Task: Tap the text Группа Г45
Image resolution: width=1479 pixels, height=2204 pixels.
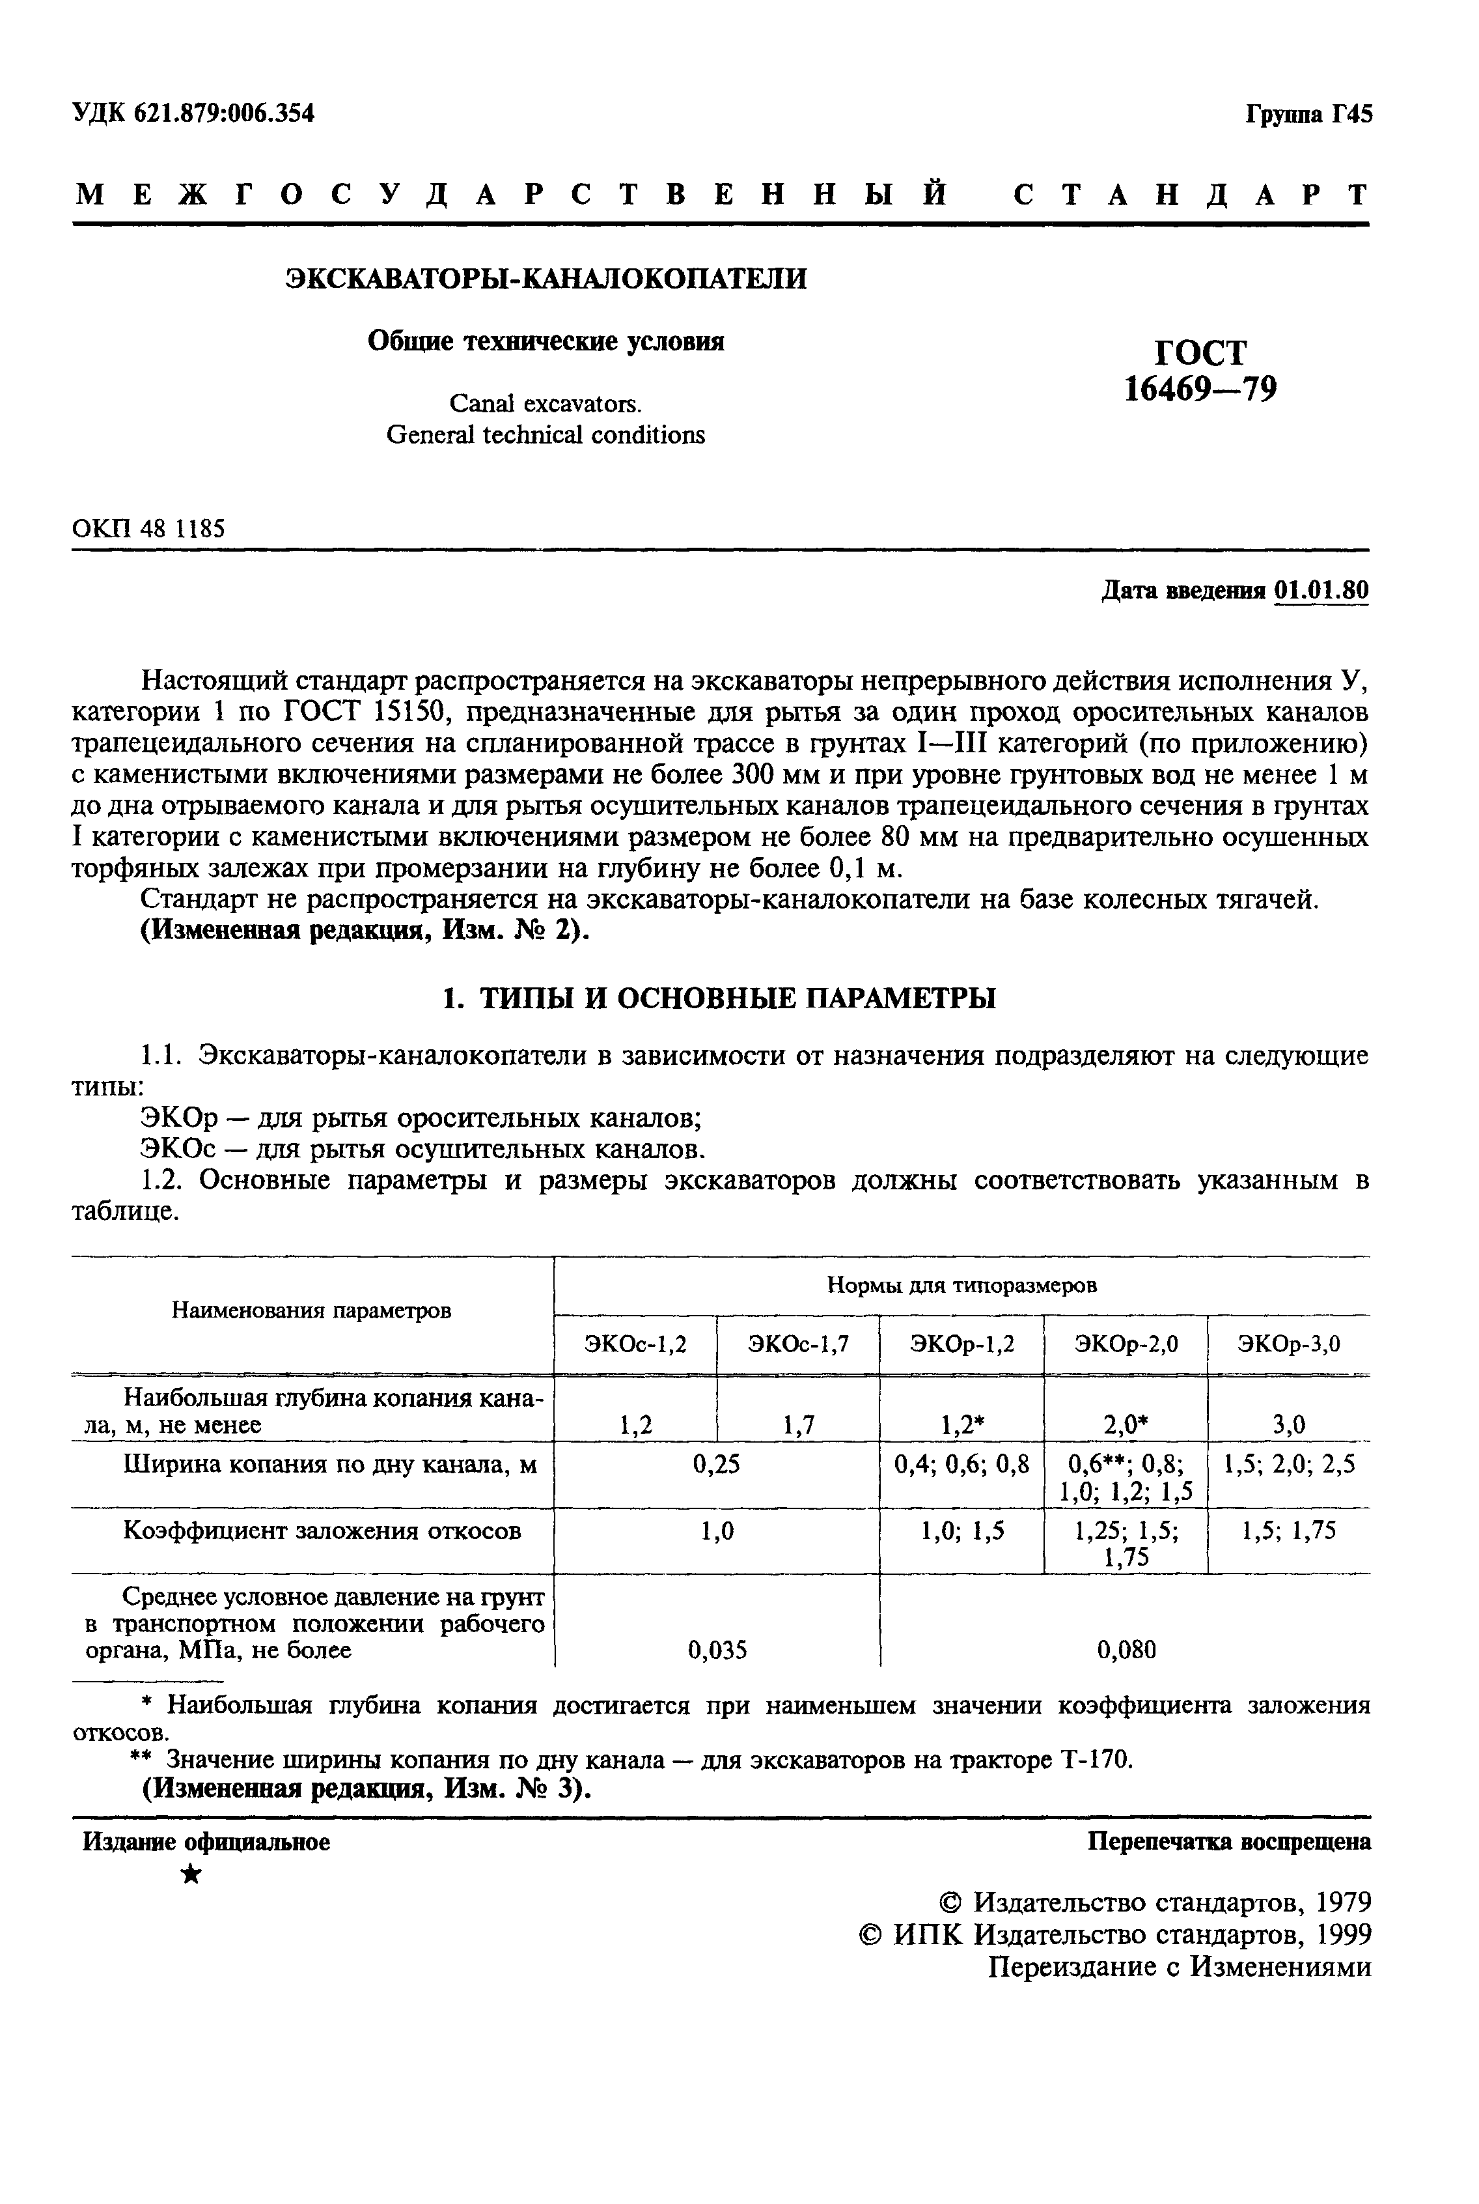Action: coord(1308,114)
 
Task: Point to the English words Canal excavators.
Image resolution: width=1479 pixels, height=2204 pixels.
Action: coord(546,404)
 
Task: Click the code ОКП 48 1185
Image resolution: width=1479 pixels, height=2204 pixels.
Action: coord(148,528)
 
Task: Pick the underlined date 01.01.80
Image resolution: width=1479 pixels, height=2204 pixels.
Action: coord(1320,591)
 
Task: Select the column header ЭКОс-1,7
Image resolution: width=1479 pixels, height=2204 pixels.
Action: coord(798,1344)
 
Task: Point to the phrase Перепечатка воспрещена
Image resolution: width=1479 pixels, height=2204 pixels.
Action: coord(1229,1842)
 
